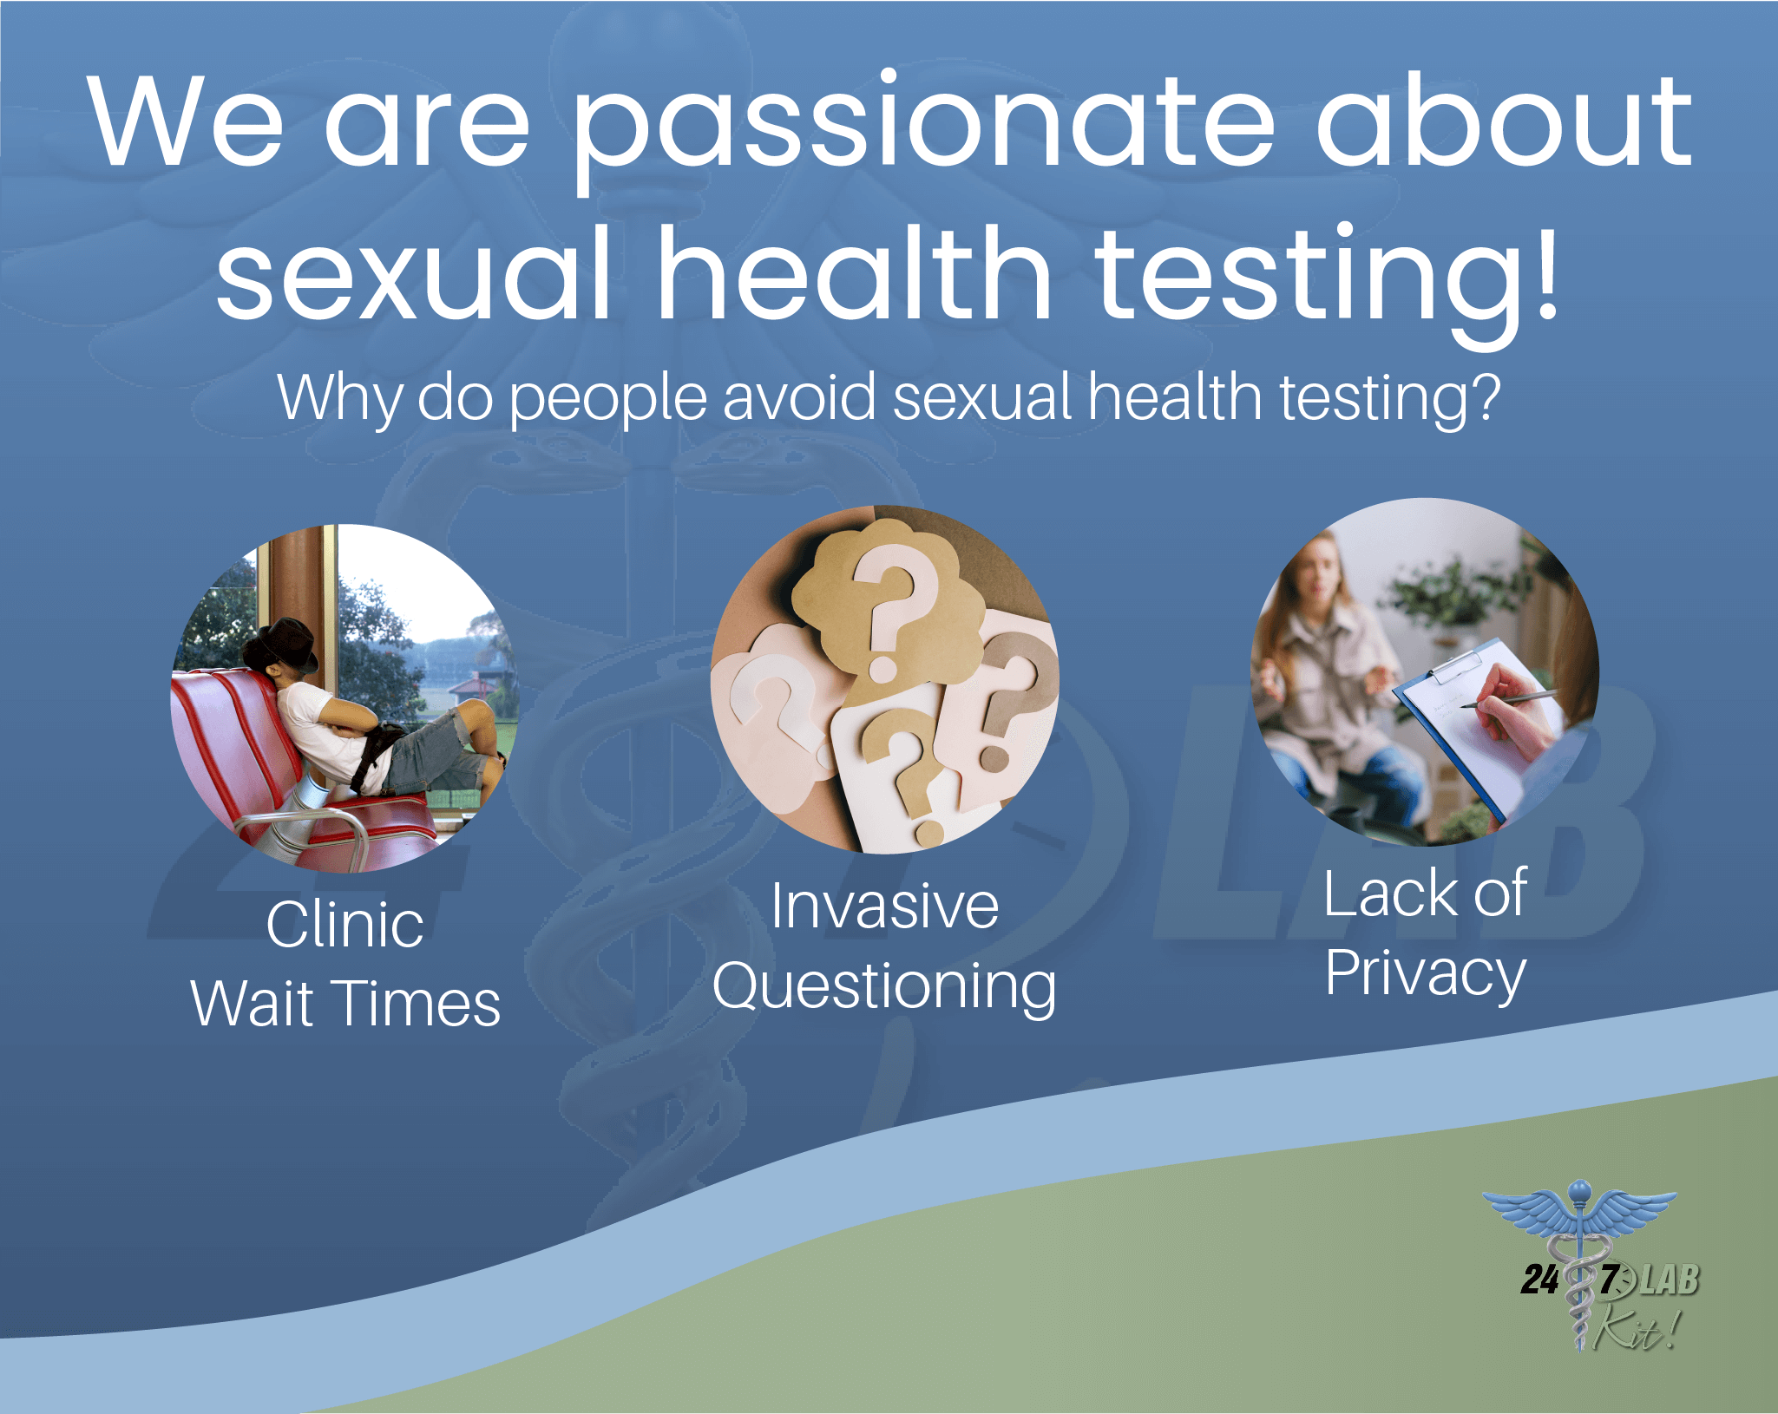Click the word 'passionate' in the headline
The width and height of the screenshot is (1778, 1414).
pos(923,130)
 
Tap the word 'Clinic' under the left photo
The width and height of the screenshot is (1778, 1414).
pos(345,924)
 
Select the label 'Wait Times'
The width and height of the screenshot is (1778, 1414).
pos(345,1003)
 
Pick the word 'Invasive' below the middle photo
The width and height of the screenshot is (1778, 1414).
pos(885,906)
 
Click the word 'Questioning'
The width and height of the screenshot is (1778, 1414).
pos(884,987)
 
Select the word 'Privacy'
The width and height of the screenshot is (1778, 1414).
pos(1426,973)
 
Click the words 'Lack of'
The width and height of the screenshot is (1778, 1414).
pos(1426,893)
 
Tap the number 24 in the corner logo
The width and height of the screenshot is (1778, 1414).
pos(1540,1280)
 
